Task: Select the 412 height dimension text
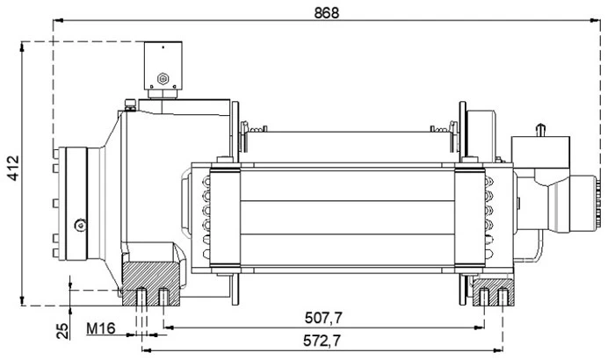point(12,172)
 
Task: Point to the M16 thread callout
point(105,331)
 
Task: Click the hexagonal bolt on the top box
point(162,79)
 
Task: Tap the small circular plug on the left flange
point(81,223)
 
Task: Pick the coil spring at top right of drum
point(439,133)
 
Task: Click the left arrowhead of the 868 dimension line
point(57,21)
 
